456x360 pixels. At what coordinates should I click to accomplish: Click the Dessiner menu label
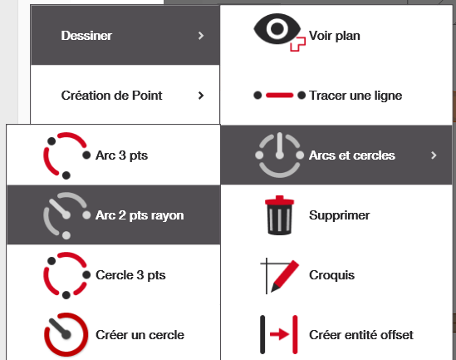[86, 36]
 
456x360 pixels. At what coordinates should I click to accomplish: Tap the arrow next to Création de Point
[201, 96]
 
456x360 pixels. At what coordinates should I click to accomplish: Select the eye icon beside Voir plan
[277, 29]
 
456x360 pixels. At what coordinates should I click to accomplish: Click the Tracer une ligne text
[355, 96]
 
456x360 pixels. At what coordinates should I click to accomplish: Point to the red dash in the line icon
[279, 95]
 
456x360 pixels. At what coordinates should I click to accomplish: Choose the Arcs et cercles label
[352, 155]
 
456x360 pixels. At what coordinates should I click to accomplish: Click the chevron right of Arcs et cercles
[434, 155]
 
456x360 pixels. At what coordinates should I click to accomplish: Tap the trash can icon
[279, 215]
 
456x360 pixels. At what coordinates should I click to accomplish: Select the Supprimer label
[340, 215]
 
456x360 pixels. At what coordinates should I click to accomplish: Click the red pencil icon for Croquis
[284, 275]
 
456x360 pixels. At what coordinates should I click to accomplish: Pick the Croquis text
[331, 275]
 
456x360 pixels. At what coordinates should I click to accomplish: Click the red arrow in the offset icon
[279, 335]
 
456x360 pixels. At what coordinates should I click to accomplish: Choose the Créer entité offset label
[361, 335]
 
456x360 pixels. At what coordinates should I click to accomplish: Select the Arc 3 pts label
[121, 155]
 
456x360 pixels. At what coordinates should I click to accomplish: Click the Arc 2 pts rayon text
[140, 215]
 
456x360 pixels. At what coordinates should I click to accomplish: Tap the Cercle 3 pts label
[130, 275]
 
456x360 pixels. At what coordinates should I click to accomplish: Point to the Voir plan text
[335, 36]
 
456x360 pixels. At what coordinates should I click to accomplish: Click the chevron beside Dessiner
[201, 36]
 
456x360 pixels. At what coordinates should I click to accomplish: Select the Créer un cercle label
[140, 335]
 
